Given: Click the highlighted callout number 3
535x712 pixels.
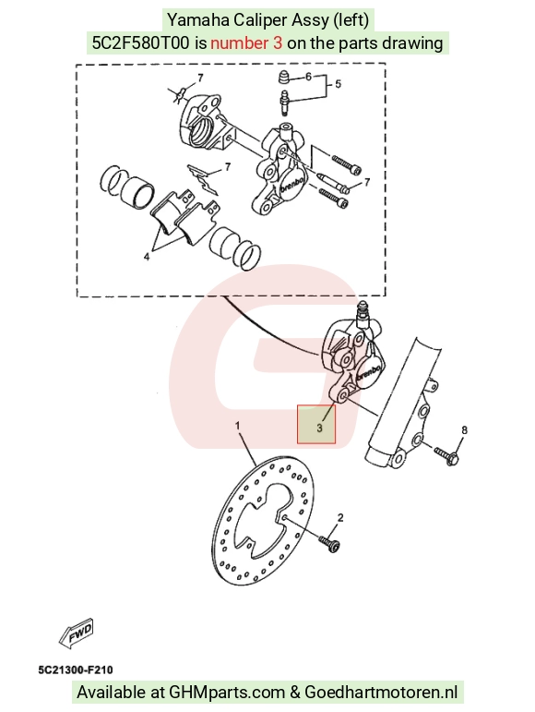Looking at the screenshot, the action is point(320,428).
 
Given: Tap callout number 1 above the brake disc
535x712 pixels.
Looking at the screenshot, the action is point(238,426).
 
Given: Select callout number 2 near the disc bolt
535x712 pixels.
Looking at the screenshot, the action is point(340,518).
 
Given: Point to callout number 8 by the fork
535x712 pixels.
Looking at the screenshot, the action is point(464,430).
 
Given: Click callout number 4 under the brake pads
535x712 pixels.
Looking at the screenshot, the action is point(147,257).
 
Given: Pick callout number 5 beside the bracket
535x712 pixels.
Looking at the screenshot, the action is point(338,84).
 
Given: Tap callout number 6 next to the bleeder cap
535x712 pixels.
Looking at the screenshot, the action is point(308,77).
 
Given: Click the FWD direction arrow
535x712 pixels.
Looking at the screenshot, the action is point(77,633).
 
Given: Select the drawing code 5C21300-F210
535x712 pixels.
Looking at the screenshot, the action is point(76,670).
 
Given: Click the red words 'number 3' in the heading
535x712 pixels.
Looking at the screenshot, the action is point(246,43).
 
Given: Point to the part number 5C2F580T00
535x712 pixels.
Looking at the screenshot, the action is point(140,43).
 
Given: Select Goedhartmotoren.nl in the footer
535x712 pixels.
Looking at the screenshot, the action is point(381,693).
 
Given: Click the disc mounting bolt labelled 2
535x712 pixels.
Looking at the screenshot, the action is point(329,544).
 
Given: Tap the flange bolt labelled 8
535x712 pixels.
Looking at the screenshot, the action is point(447,456).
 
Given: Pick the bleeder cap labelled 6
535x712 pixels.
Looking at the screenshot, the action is point(283,78).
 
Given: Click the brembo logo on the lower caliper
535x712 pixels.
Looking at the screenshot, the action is point(369,372).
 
